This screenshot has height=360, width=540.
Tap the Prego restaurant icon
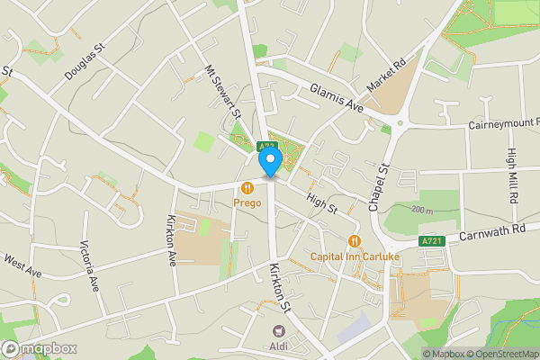click(x=247, y=187)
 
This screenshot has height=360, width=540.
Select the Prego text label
click(x=247, y=203)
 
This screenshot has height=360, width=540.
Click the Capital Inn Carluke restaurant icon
click(x=355, y=240)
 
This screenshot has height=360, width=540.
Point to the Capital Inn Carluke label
click(x=355, y=256)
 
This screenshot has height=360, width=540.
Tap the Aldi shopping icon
click(x=276, y=330)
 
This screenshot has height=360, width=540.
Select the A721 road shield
click(x=431, y=240)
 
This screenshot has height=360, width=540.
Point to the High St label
click(x=320, y=202)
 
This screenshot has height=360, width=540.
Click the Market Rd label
click(x=387, y=76)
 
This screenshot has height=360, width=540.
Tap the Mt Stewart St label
click(x=223, y=91)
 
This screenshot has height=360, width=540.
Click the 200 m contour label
click(x=422, y=210)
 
